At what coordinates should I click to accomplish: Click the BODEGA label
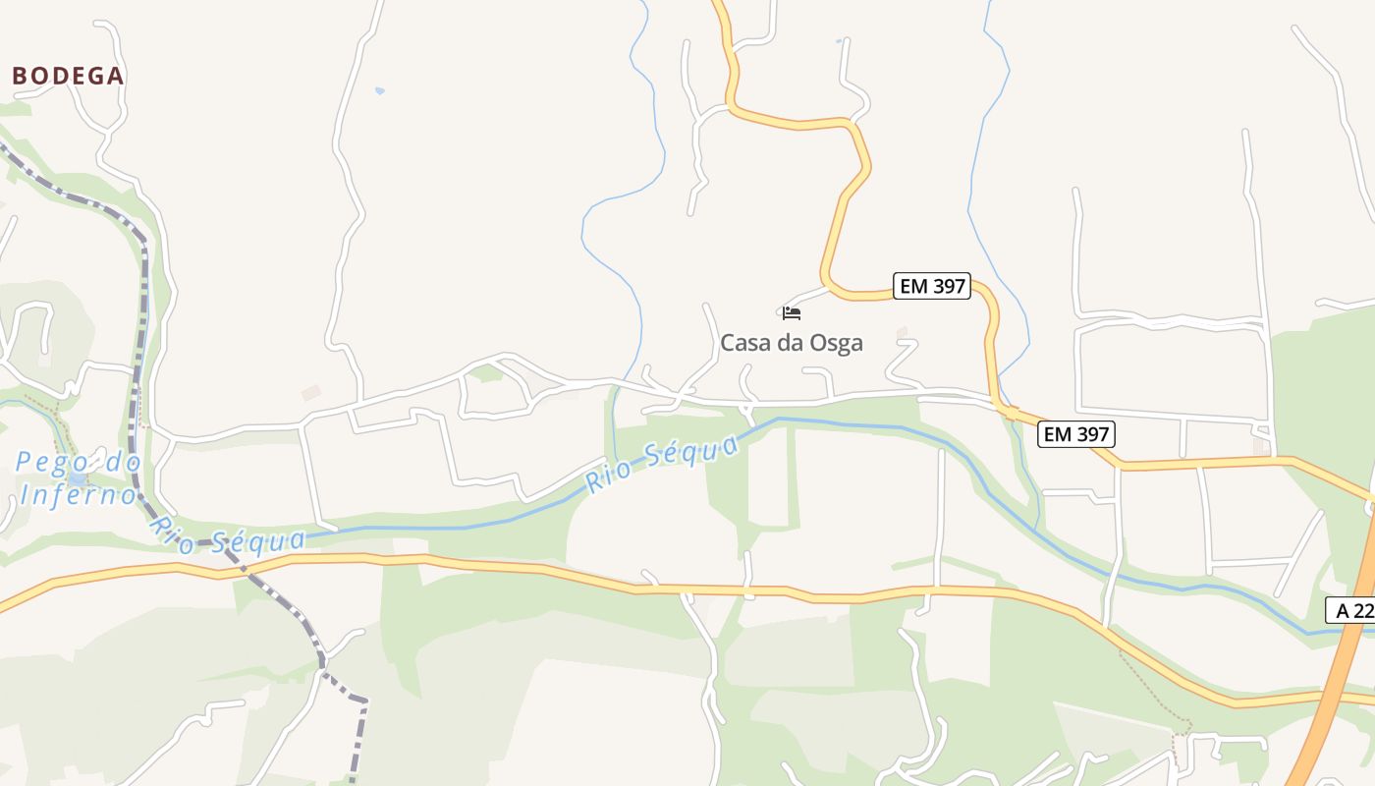click(x=68, y=76)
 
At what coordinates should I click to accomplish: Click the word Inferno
click(x=78, y=494)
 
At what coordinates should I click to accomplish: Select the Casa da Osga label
click(x=792, y=343)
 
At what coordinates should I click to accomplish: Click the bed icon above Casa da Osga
click(x=792, y=313)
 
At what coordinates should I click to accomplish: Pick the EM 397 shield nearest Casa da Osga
click(x=932, y=287)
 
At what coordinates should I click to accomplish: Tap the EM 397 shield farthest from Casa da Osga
click(x=1076, y=434)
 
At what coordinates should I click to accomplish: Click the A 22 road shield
click(x=1353, y=610)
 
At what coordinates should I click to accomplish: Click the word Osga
click(x=834, y=343)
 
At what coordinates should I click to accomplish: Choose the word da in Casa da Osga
click(x=789, y=343)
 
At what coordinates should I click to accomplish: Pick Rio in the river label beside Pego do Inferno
click(x=169, y=527)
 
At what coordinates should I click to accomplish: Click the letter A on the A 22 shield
click(x=1343, y=610)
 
